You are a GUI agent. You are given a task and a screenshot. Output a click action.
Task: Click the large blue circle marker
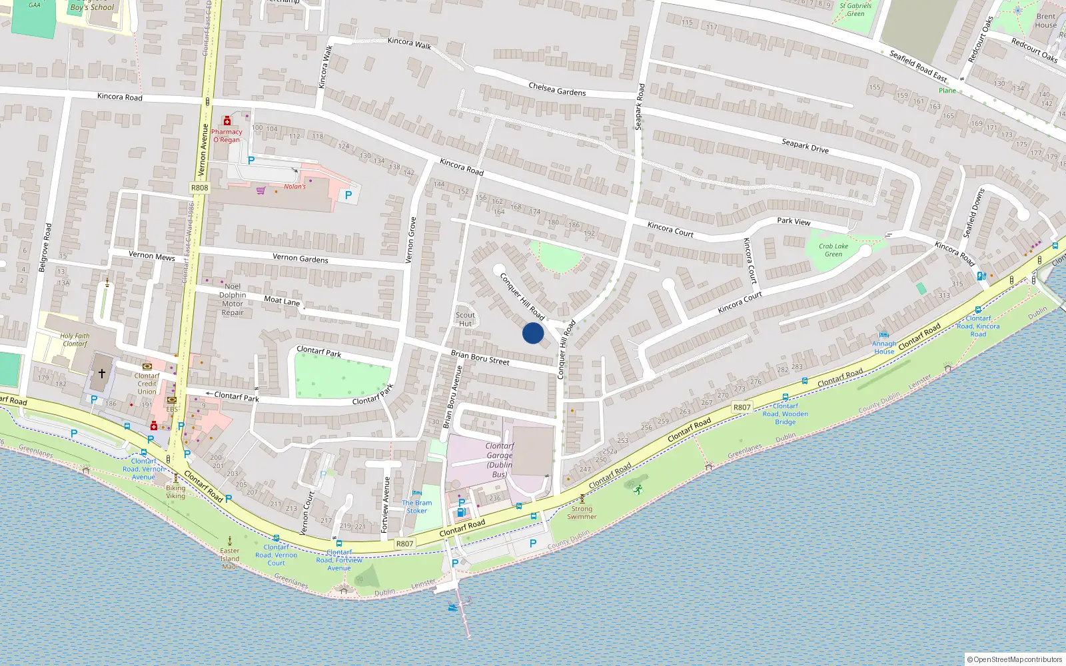533,333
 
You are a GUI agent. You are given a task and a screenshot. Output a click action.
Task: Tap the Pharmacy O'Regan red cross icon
227,121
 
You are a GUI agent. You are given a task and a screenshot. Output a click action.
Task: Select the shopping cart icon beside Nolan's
261,190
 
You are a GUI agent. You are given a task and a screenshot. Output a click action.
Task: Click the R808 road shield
199,188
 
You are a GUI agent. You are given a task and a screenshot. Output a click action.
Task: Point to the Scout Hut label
465,320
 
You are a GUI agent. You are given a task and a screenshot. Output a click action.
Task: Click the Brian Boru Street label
480,358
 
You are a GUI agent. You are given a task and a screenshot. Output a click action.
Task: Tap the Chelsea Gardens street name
557,89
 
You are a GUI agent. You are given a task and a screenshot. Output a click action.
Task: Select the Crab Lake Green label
833,250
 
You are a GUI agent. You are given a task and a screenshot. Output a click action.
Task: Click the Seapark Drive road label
805,146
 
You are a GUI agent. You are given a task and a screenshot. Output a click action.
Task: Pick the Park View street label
794,221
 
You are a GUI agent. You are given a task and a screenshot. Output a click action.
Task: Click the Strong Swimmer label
582,512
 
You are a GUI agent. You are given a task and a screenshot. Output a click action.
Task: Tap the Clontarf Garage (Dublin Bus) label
499,460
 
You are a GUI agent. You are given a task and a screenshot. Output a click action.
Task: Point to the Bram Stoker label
416,507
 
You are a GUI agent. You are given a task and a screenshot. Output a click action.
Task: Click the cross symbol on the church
102,374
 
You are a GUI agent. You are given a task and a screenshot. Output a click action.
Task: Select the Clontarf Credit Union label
147,384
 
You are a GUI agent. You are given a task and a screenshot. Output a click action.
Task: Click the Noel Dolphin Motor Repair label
233,300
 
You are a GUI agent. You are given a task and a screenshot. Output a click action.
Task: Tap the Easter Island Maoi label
230,558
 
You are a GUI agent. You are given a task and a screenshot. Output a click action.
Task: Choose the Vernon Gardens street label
300,258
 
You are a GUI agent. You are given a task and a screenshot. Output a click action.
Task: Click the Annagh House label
884,348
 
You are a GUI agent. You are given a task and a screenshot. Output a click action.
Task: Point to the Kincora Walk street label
409,43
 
